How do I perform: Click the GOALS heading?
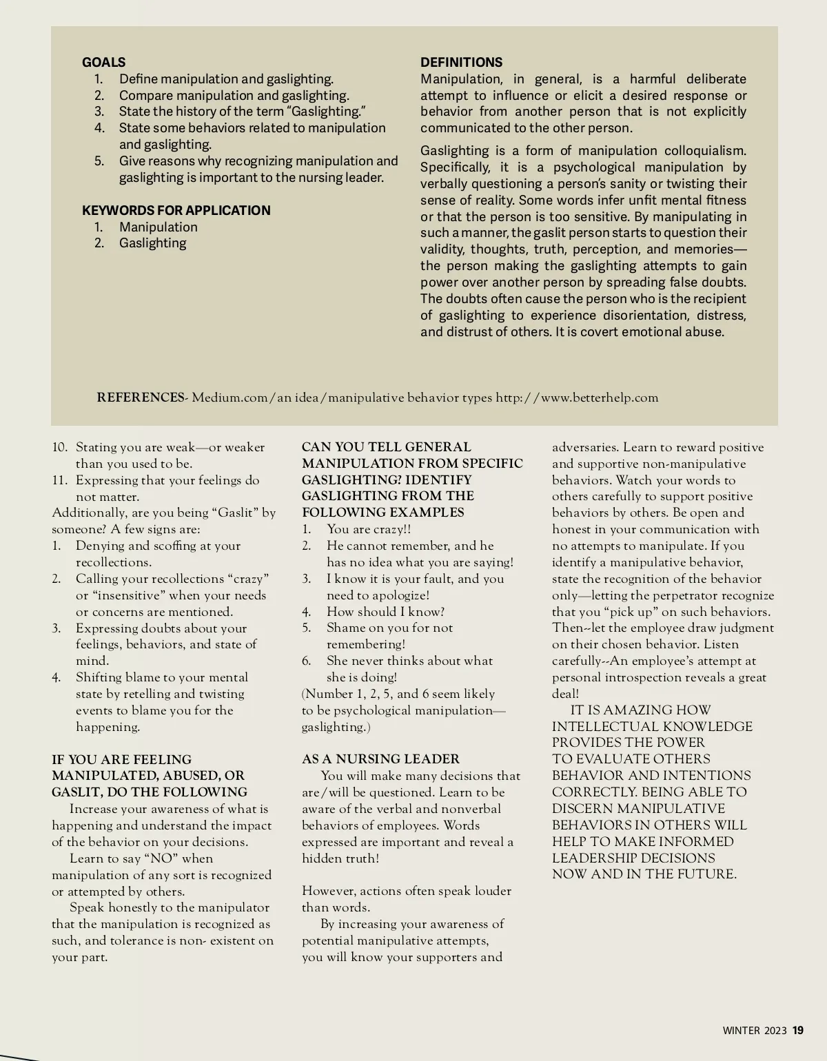[x=103, y=62]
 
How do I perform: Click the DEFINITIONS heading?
[x=461, y=62]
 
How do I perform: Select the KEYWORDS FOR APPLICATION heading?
[x=176, y=210]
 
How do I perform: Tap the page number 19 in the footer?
[x=798, y=1031]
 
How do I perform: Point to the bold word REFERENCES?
[x=141, y=398]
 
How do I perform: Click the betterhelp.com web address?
[x=577, y=398]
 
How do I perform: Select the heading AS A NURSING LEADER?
[x=380, y=759]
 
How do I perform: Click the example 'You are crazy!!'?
[x=369, y=529]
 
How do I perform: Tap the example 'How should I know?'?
[x=385, y=612]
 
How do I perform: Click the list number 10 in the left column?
[x=59, y=447]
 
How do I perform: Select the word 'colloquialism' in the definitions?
[x=704, y=151]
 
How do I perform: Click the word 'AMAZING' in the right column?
[x=629, y=710]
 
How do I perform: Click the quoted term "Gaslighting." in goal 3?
[x=325, y=112]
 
